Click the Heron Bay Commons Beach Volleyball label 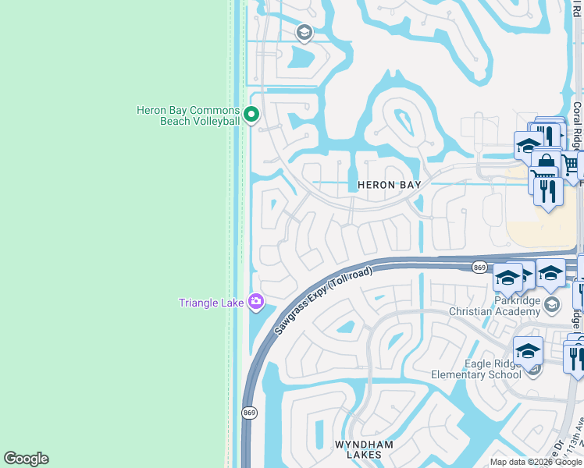[x=188, y=115]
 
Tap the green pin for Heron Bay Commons [x=251, y=115]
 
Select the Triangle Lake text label [x=212, y=303]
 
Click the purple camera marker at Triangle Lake [x=256, y=302]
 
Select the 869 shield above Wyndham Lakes [x=248, y=412]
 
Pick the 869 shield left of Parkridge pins [x=479, y=268]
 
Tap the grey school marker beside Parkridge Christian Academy [x=553, y=303]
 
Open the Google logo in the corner [x=26, y=459]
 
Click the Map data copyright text [x=536, y=463]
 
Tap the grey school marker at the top [x=304, y=33]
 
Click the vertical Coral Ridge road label [x=576, y=129]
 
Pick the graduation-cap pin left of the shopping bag [x=528, y=145]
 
